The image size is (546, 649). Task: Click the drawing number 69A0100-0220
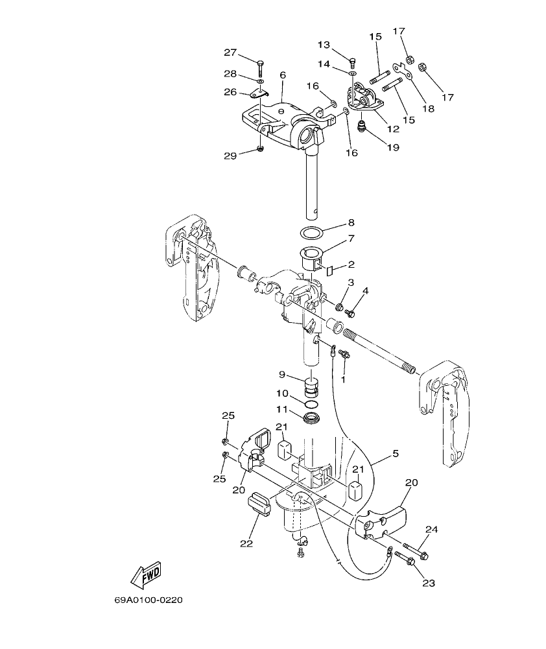(148, 600)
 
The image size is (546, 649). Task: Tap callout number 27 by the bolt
(230, 53)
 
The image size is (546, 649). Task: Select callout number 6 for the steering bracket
(283, 75)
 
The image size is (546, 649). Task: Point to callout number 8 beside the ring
(351, 222)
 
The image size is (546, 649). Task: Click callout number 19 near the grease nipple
(393, 147)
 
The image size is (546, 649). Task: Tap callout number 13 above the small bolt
(324, 44)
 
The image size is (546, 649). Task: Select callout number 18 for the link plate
(428, 108)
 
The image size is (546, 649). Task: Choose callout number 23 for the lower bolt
(428, 583)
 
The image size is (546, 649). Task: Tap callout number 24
(432, 530)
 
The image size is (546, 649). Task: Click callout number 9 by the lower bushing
(283, 374)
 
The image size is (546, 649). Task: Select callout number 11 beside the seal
(282, 409)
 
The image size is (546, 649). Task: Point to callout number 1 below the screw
(343, 379)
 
